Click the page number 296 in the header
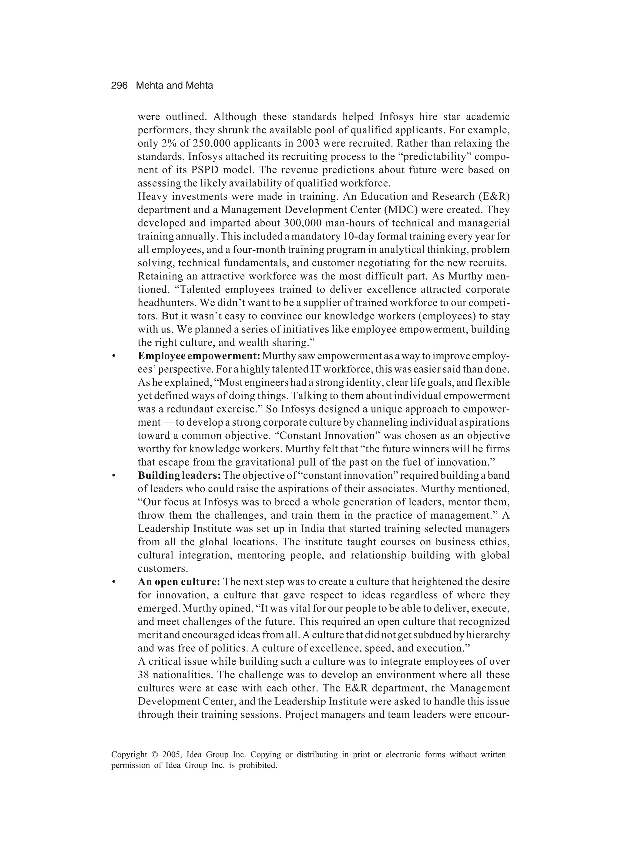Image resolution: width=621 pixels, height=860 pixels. [x=119, y=86]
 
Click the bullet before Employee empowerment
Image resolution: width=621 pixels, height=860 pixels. [x=113, y=357]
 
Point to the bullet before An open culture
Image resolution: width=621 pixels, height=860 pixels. [x=113, y=582]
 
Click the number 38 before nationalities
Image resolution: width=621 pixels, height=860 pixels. [x=144, y=675]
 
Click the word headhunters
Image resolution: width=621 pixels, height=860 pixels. [x=167, y=303]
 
